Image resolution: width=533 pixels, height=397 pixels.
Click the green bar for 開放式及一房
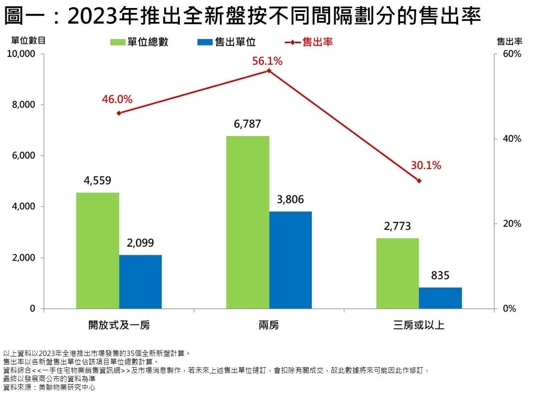[x=98, y=250]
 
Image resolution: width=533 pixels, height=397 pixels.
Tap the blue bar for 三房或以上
[x=440, y=298]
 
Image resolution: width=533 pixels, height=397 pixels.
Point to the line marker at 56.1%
[x=269, y=71]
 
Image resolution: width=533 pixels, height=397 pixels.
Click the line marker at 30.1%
[x=419, y=181]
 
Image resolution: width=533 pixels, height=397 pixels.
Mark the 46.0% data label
[x=117, y=99]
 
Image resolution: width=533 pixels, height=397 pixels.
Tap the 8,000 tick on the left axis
[x=23, y=105]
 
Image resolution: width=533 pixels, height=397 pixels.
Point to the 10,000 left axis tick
[x=21, y=54]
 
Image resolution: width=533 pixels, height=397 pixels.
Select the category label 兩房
[x=269, y=325]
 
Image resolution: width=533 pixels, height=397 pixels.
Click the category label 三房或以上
[x=419, y=325]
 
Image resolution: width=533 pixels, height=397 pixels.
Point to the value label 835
[x=440, y=275]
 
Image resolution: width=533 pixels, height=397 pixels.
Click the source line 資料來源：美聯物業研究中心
[x=49, y=387]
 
